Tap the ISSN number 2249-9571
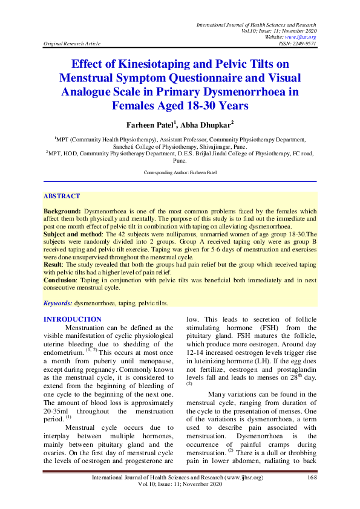303,44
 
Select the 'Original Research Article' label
72,44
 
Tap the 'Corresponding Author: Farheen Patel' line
180,173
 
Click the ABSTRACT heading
62,196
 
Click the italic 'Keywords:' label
58,302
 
